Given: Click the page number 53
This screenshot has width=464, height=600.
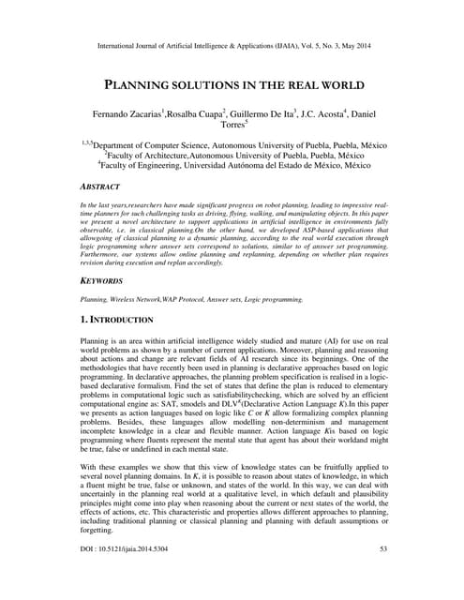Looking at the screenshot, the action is click(x=383, y=574).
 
